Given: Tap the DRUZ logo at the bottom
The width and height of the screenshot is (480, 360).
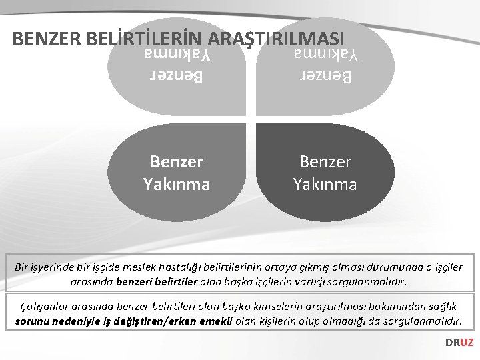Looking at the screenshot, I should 459,342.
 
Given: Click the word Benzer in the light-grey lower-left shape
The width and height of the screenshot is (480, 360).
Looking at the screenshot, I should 177,162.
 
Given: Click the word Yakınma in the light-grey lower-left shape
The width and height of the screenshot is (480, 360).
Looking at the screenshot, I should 177,183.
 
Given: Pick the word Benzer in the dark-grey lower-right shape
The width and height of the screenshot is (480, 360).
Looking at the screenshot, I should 325,162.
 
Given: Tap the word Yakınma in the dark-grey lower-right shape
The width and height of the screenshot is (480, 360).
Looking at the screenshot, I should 325,183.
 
